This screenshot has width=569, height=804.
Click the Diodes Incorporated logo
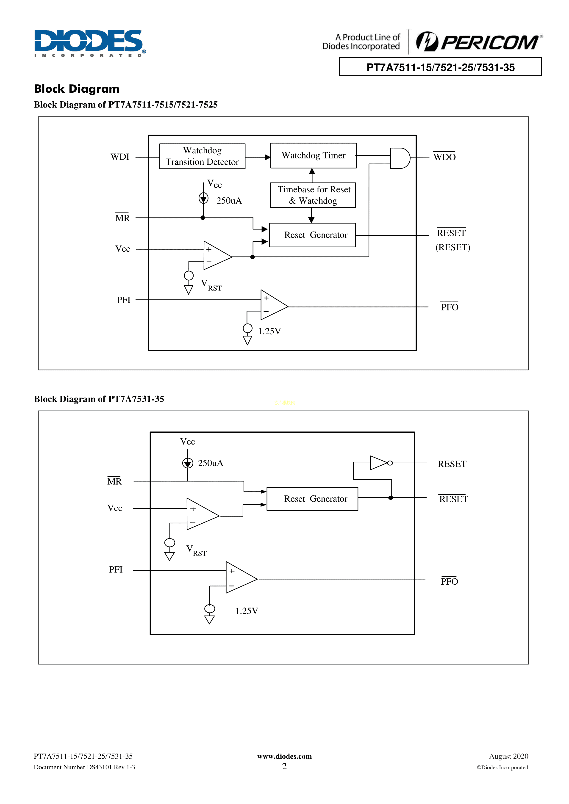(x=90, y=43)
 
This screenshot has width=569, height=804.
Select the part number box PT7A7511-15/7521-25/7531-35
(x=440, y=67)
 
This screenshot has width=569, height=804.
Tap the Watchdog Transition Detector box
(x=202, y=156)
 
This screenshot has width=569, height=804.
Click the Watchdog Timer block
(x=313, y=155)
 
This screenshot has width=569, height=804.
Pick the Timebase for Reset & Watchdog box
(x=313, y=195)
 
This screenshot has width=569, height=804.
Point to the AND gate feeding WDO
(x=400, y=158)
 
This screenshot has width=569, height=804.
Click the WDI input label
(x=120, y=157)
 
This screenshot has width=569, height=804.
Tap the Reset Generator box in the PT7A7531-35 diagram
(x=312, y=499)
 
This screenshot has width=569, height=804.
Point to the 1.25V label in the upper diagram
(x=269, y=331)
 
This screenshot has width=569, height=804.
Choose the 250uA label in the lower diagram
(x=210, y=463)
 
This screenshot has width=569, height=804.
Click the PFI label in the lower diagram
(x=116, y=570)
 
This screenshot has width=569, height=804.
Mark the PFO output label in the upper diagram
(x=450, y=307)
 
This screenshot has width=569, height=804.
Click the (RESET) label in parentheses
(x=453, y=248)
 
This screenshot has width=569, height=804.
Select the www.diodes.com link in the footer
(x=284, y=756)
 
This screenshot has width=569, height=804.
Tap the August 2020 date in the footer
(x=508, y=756)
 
